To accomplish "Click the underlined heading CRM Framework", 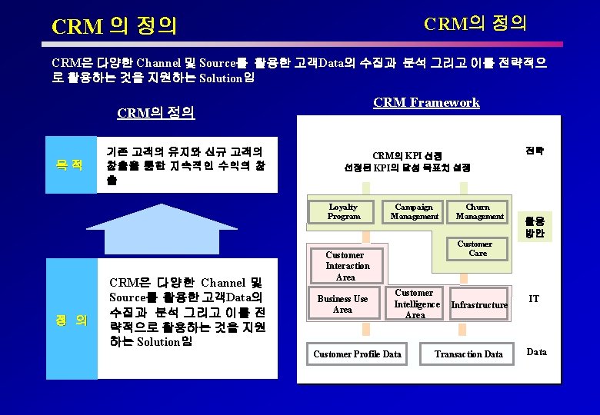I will point(426,103).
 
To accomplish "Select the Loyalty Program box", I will point(343,211).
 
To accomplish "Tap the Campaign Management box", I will point(415,211).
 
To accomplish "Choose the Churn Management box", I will point(479,211).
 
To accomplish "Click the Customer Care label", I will point(477,249).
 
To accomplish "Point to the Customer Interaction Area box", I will point(347,266).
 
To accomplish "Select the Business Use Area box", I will point(343,304).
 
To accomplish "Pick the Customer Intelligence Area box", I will point(415,304).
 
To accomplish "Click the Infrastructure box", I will point(479,305).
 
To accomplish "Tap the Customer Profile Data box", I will point(357,354).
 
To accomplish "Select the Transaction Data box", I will point(468,354).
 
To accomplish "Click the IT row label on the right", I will point(534,298).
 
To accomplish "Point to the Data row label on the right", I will point(536,352).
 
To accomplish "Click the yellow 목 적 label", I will point(71,165).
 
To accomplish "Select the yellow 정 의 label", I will point(71,319).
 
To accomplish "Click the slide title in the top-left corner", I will point(114,27).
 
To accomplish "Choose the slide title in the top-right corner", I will point(475,23).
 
